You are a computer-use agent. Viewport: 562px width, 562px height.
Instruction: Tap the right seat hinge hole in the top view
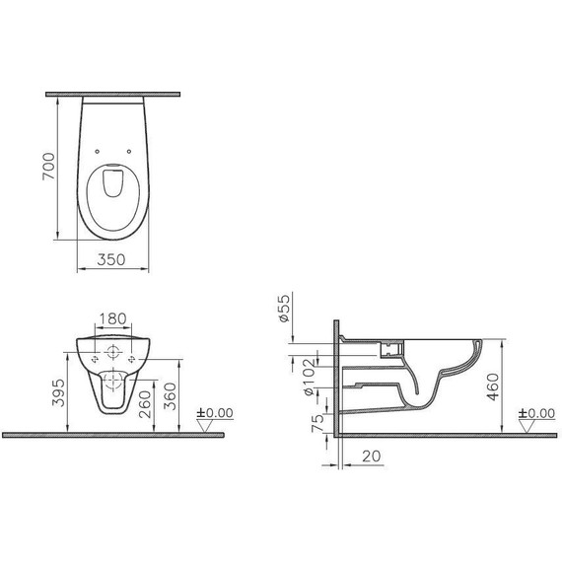133,151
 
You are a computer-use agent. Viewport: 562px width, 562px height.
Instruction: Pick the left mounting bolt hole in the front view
94,362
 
